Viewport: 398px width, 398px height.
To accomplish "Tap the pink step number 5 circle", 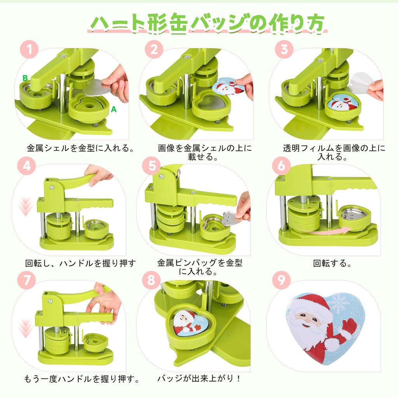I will click(x=152, y=166).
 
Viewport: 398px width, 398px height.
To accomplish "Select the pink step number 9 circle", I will click(x=279, y=280).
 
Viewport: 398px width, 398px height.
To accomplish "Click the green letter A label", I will click(x=113, y=110).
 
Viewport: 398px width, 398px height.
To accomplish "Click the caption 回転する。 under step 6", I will click(x=332, y=263).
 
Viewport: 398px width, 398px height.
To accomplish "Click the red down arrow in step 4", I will click(x=26, y=206).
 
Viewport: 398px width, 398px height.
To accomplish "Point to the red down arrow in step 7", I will click(x=26, y=328).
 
